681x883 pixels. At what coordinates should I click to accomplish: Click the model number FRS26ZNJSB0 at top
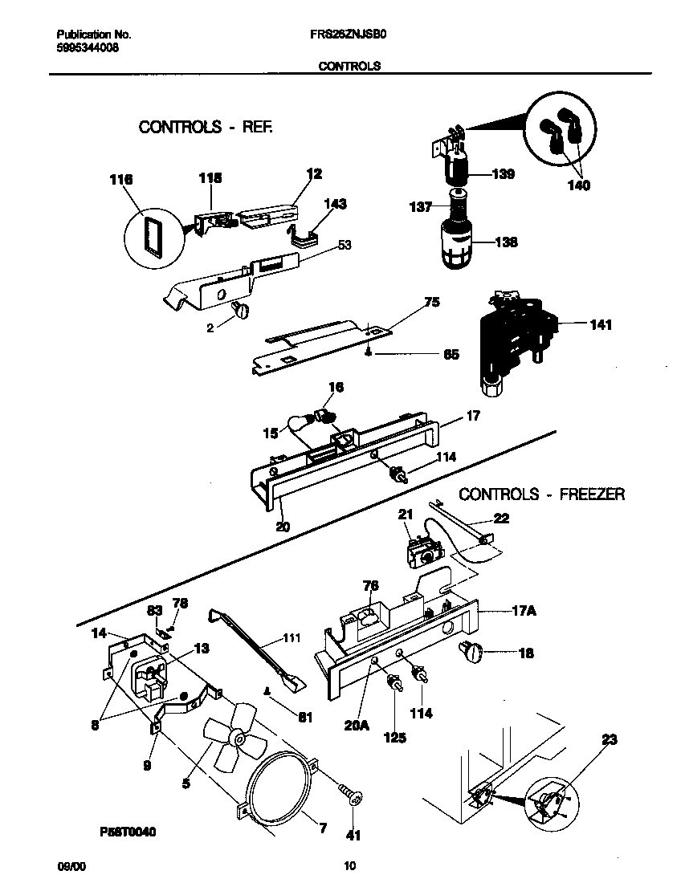coord(349,35)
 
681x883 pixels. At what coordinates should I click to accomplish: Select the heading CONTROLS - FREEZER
coord(541,494)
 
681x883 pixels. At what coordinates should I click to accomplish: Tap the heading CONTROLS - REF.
coord(206,127)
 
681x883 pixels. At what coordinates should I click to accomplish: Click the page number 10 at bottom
coord(349,865)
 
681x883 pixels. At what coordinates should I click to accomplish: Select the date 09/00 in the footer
coord(70,865)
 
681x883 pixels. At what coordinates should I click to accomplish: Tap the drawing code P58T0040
coord(117,832)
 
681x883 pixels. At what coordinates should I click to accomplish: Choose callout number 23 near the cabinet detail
coord(609,740)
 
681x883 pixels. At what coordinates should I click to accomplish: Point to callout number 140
coord(577,185)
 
